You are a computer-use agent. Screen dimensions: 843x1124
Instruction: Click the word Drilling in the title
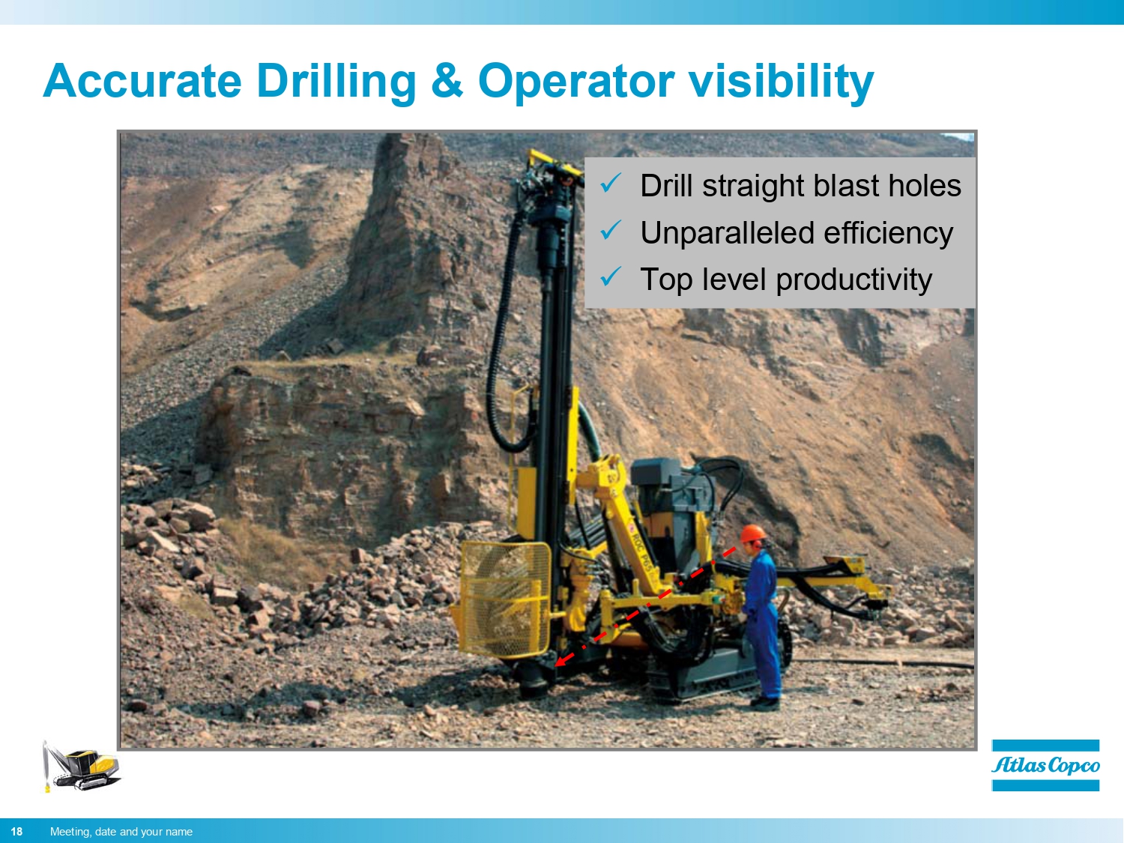336,81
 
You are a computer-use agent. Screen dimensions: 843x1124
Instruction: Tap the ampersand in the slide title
447,81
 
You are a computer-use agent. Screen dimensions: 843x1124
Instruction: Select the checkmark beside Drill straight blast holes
611,183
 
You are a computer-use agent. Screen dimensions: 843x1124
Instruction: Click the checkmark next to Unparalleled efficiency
611,230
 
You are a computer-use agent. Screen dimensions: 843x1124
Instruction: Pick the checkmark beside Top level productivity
611,277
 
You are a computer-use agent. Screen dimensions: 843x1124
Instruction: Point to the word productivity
853,280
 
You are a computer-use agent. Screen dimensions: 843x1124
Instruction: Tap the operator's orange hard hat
753,534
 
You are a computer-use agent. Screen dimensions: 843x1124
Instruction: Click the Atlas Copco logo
1045,765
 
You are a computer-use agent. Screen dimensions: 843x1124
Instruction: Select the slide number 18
16,832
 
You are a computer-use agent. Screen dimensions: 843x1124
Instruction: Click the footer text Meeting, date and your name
121,832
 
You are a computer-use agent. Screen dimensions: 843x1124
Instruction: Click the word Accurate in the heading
142,81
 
